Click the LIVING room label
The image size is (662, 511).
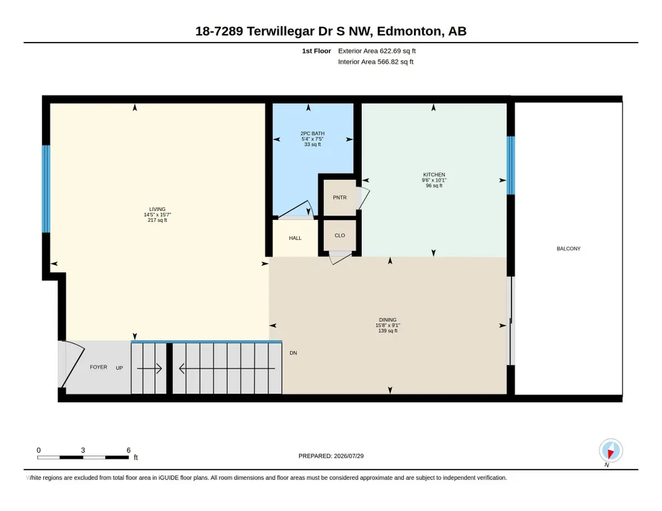(x=157, y=209)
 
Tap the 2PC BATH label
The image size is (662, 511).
(x=313, y=133)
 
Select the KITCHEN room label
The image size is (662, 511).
(x=434, y=175)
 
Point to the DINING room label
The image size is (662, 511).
(x=388, y=319)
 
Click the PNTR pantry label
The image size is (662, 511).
(x=340, y=197)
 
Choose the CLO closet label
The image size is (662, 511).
(x=340, y=235)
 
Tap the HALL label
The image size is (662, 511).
(x=295, y=238)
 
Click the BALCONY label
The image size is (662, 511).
(x=568, y=249)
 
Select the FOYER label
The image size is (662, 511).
(x=98, y=367)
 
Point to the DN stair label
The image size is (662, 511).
(x=293, y=353)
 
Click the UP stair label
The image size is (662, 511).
(x=119, y=368)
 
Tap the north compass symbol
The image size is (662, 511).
(x=610, y=451)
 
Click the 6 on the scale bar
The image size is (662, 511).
(x=129, y=450)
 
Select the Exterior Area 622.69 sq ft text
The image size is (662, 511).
(x=377, y=51)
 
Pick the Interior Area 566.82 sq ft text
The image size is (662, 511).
(x=375, y=62)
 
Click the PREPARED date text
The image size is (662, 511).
(x=331, y=456)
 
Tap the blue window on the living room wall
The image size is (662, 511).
(x=46, y=189)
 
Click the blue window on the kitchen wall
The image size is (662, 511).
(x=510, y=165)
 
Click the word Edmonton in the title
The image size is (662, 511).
(x=409, y=31)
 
